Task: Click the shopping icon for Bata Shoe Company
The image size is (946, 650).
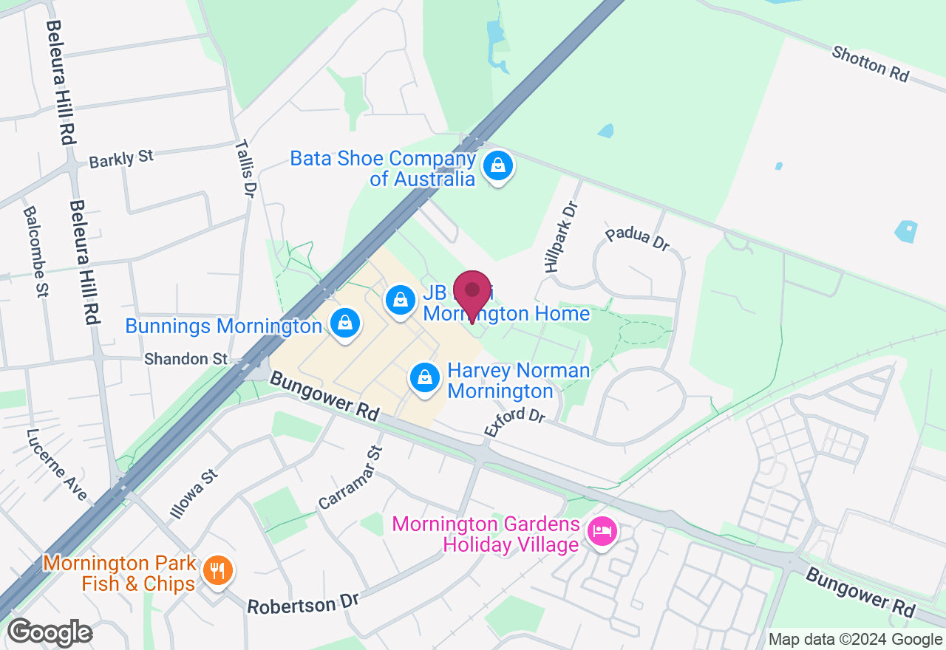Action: pos(499,166)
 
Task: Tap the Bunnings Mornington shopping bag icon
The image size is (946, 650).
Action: pos(344,324)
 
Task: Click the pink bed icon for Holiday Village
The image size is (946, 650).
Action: pos(602,532)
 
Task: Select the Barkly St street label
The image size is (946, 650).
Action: pos(120,158)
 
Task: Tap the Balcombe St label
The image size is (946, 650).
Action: pos(35,251)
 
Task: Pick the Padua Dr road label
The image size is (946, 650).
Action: pos(637,239)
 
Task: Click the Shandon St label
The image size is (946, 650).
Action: pos(186,359)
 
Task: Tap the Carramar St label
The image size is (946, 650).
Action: pos(350,478)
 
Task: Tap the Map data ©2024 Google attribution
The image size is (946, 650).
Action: pos(855,640)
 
